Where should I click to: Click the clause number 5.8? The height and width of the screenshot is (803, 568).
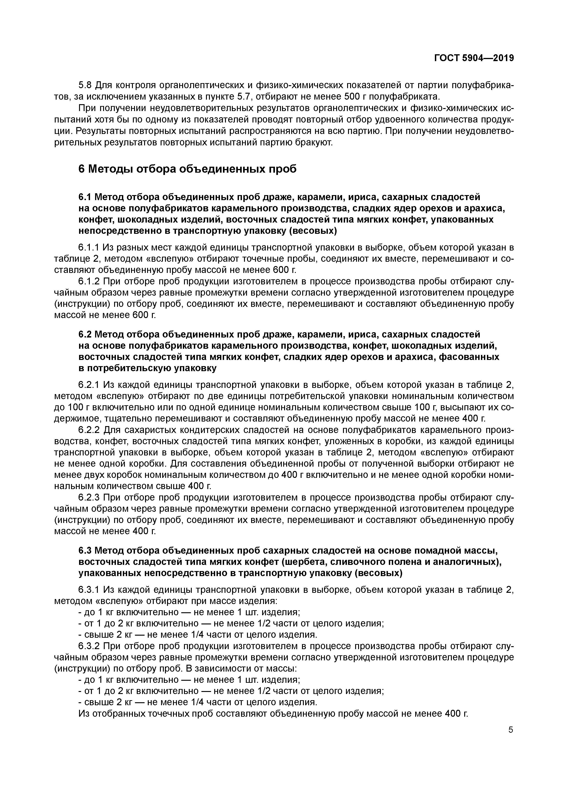pyautogui.click(x=85, y=85)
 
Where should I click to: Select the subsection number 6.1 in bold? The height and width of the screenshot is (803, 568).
pyautogui.click(x=85, y=197)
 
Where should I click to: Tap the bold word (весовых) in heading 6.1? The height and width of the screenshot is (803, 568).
pyautogui.click(x=312, y=231)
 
